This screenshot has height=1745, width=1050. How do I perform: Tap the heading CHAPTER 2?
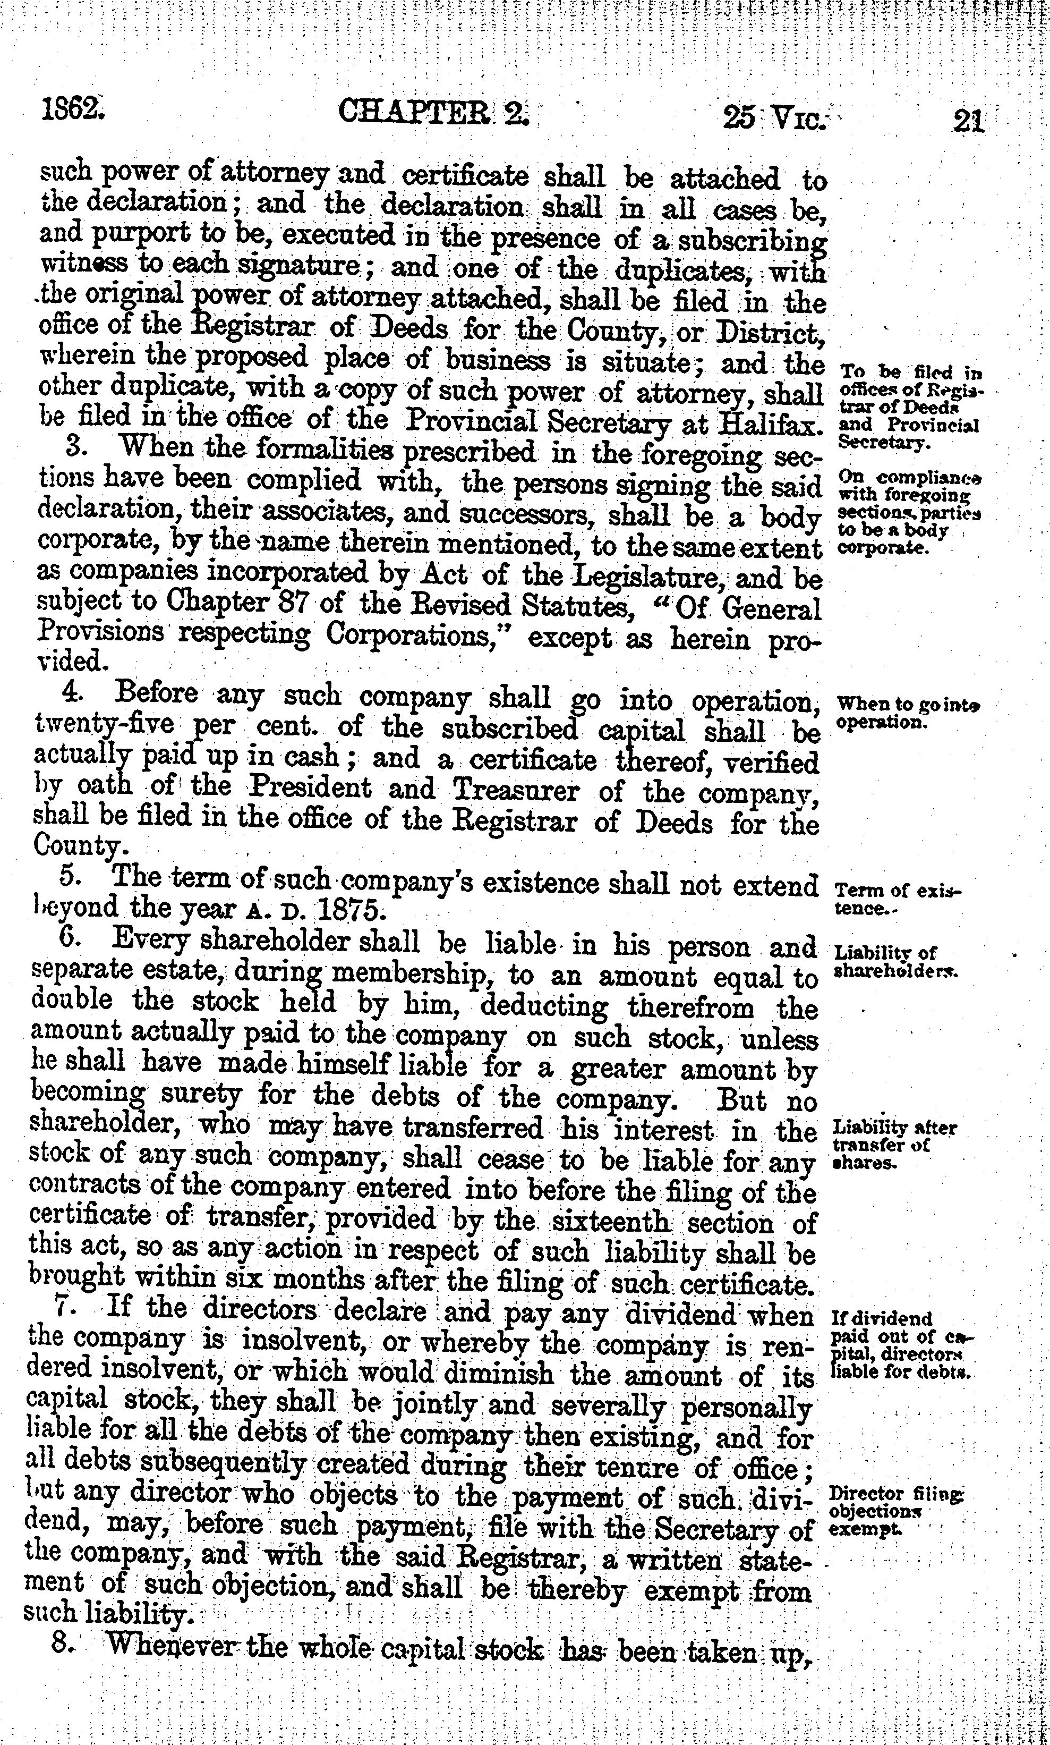(432, 113)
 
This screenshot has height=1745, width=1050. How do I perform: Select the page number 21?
(968, 120)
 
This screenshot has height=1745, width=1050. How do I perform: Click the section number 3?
(74, 449)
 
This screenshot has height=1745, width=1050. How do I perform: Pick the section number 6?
(68, 940)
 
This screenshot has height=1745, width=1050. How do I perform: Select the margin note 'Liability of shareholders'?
(895, 961)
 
